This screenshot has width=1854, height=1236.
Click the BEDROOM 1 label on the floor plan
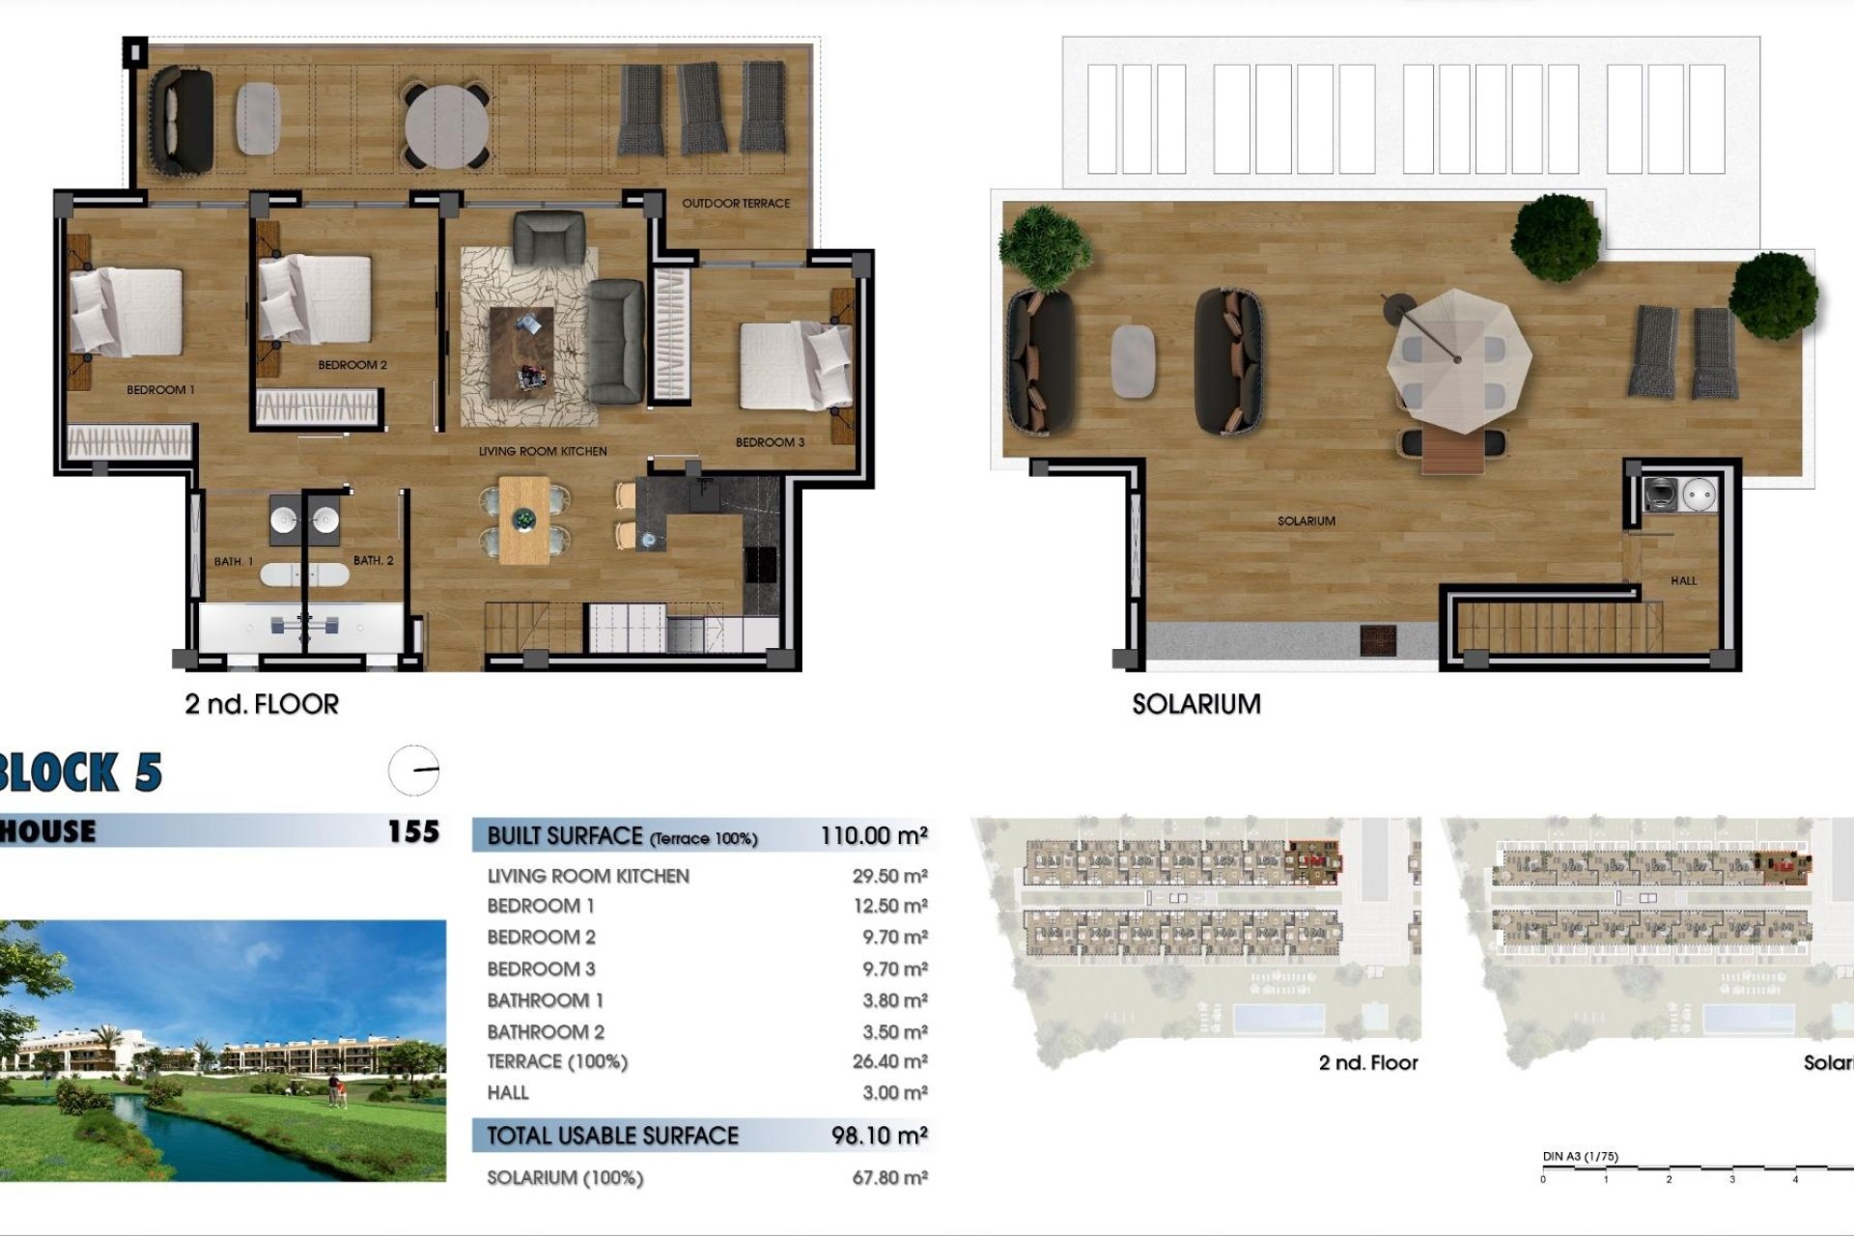[x=160, y=390]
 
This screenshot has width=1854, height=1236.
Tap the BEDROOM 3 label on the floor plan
[x=770, y=442]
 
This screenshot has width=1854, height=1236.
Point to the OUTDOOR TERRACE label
[x=736, y=204]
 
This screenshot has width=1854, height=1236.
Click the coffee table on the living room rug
[x=521, y=352]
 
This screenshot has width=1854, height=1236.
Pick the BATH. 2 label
[x=373, y=560]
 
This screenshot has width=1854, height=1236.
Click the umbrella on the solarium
[x=1458, y=359]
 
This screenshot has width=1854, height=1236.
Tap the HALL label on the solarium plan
[x=1683, y=580]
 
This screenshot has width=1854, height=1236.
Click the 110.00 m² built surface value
[x=874, y=836]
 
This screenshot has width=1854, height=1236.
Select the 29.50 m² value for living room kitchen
[x=889, y=876]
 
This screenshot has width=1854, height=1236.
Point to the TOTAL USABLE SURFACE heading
[x=612, y=1136]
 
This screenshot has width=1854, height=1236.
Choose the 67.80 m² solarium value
[x=889, y=1177]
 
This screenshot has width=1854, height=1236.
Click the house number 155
[x=413, y=831]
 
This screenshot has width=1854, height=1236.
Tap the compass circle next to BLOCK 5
[x=414, y=771]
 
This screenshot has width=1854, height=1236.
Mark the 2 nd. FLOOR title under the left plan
[x=262, y=704]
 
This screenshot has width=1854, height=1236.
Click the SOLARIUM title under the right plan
[x=1195, y=704]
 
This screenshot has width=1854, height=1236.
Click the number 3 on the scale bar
[x=1731, y=1179]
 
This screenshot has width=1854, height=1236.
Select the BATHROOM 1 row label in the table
[x=545, y=1000]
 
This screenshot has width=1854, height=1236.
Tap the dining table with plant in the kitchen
[x=524, y=520]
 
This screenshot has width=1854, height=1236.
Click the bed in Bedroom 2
[x=316, y=299]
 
